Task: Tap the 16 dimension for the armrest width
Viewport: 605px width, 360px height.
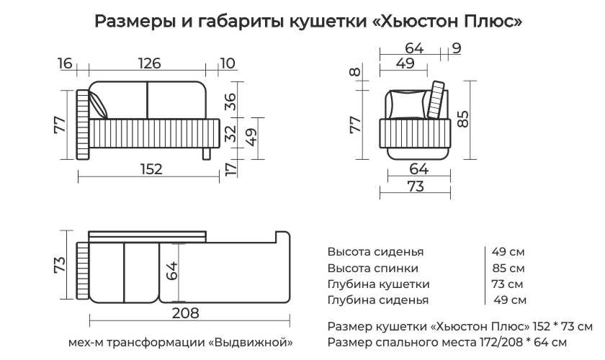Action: (65, 63)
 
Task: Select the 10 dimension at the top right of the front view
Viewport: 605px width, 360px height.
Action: (227, 63)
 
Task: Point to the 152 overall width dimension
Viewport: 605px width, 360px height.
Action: (151, 169)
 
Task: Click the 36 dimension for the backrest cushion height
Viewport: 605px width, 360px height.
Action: (230, 101)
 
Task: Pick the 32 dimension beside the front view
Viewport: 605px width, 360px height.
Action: (230, 133)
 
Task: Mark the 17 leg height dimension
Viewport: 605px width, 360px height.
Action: (230, 169)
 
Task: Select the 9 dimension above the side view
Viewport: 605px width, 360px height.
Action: (457, 49)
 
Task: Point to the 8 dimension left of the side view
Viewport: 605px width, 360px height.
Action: (354, 72)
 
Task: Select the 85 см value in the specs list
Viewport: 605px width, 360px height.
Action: (508, 268)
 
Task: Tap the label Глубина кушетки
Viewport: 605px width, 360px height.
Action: (378, 284)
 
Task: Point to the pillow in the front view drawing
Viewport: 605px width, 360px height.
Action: (99, 106)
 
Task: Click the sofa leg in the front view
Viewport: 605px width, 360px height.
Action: (207, 153)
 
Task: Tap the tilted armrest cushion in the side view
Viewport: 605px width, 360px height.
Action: (436, 101)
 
